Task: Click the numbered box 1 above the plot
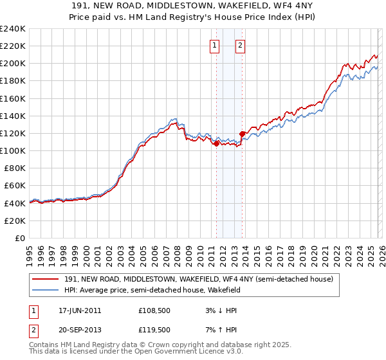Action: pos(214,46)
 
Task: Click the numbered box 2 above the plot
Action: pos(240,46)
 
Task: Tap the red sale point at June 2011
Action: pos(216,143)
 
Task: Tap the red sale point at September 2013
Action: pos(242,134)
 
